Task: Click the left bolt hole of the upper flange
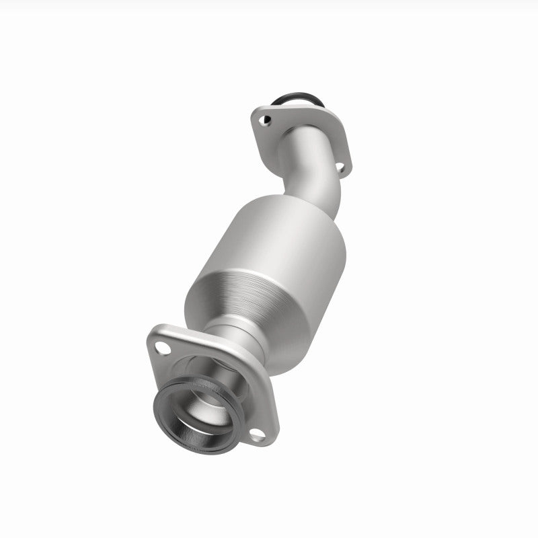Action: (266, 121)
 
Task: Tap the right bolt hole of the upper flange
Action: (340, 166)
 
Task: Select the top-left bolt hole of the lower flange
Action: (161, 348)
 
